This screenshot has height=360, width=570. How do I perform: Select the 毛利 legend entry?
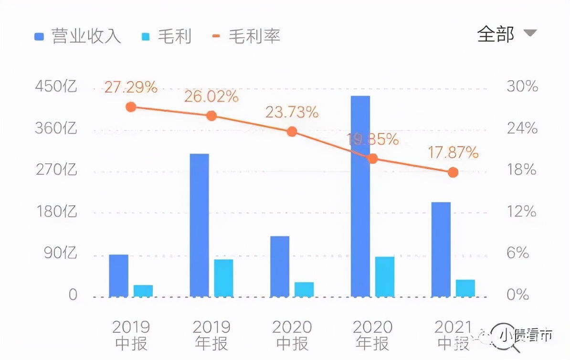(x=167, y=36)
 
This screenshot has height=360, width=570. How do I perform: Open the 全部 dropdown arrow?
(x=530, y=33)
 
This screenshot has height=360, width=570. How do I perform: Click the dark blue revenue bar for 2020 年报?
(x=360, y=196)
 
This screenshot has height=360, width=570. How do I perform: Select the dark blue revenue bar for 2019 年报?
(x=199, y=225)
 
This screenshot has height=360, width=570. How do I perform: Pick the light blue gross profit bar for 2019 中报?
(x=143, y=291)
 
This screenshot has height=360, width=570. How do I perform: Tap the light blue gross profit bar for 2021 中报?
(x=465, y=288)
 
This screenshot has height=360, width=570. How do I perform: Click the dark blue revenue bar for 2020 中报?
(x=280, y=266)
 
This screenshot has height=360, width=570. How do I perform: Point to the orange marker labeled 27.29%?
(x=131, y=107)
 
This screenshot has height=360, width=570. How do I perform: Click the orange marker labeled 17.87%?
(x=453, y=172)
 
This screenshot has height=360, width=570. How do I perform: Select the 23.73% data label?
(x=292, y=112)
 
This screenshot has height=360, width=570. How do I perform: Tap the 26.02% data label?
(x=211, y=96)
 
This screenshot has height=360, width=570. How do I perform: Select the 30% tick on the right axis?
(x=522, y=86)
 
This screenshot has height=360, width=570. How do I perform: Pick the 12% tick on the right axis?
(x=521, y=212)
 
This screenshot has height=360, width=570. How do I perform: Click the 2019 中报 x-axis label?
(x=131, y=335)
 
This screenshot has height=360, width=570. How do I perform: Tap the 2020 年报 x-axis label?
(x=372, y=335)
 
